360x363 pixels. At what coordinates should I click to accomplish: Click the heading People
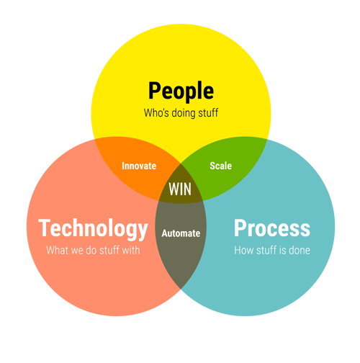click(181, 91)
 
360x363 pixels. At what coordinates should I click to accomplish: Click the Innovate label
click(139, 166)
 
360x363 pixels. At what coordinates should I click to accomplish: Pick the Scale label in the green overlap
click(221, 166)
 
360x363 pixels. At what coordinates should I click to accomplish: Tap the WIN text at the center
click(180, 189)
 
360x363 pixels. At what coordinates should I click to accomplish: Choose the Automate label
click(181, 233)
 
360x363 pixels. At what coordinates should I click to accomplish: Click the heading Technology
click(93, 229)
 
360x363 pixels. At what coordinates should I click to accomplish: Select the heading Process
click(272, 228)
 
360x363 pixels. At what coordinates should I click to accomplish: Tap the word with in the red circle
click(131, 250)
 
